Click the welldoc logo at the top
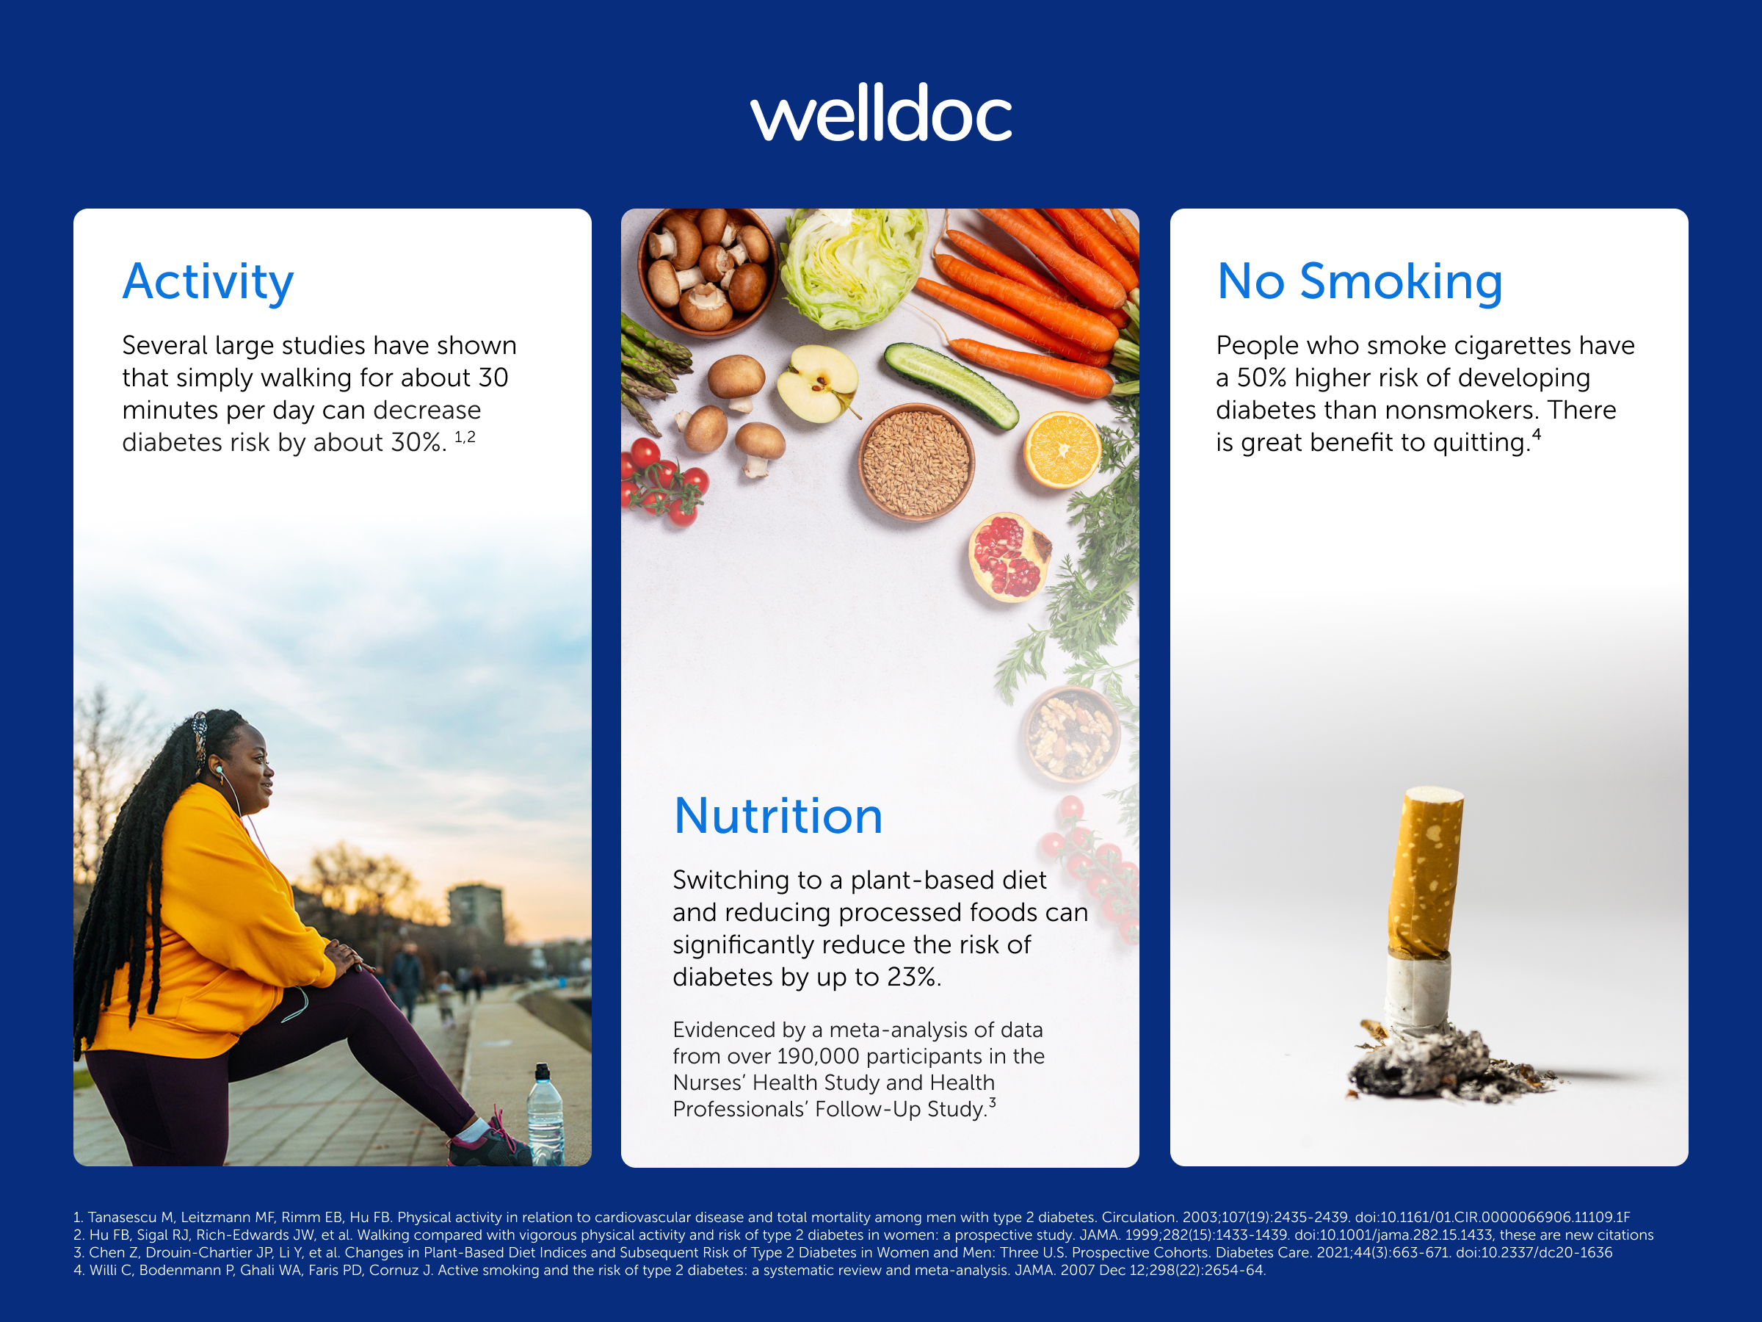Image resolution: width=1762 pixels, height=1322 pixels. click(880, 114)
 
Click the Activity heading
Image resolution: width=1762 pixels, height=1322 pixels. click(208, 282)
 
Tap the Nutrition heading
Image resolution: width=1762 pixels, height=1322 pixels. click(778, 816)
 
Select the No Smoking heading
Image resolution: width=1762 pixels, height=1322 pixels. click(1360, 282)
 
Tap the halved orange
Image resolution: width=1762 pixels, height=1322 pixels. click(1061, 449)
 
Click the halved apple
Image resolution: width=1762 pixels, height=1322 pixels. click(817, 383)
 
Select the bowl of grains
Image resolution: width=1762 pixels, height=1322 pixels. click(916, 462)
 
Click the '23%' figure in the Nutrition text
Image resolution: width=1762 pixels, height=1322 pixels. click(913, 977)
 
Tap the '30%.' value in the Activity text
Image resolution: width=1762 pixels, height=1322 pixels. click(418, 442)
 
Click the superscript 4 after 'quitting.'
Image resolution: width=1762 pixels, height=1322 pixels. click(1537, 434)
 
